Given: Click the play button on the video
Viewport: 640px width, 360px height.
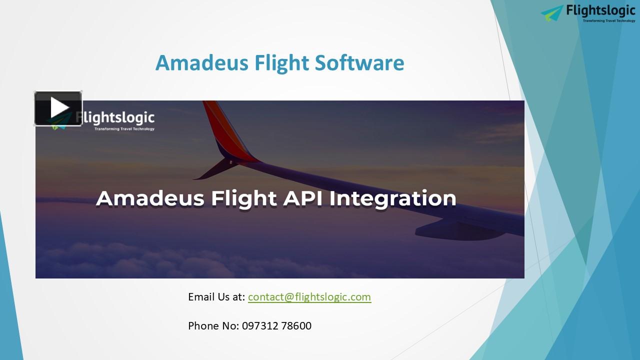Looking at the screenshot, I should click(58, 108).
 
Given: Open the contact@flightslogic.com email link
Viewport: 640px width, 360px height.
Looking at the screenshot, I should click(309, 297).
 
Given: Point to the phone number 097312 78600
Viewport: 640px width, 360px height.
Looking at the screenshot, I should click(276, 326).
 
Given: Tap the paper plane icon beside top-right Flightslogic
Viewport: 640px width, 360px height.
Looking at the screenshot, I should click(552, 13).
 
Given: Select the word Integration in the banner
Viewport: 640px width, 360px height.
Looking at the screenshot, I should click(393, 198).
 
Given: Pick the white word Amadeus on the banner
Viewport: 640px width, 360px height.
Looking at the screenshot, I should click(150, 198).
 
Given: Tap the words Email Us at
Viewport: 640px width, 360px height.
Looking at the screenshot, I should click(216, 297).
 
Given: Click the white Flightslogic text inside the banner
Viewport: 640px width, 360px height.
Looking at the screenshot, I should click(120, 118).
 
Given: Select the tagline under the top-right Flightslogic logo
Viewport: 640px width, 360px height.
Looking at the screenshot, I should click(608, 21).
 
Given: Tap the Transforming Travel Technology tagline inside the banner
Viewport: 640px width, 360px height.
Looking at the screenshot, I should click(124, 129).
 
